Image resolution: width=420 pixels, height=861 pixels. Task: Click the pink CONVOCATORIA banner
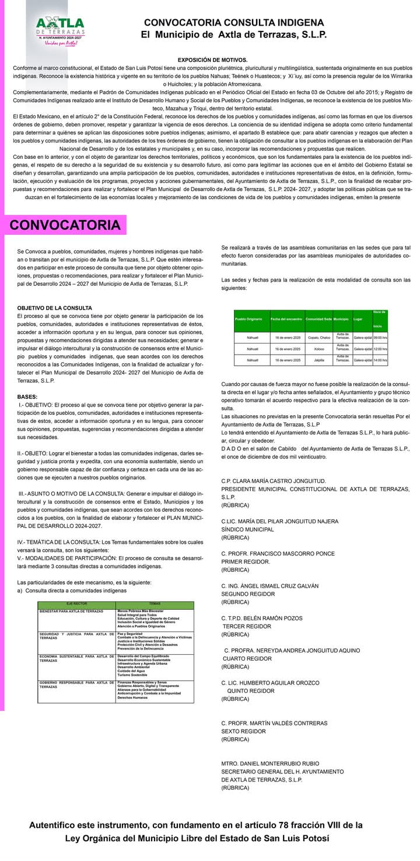click(x=65, y=225)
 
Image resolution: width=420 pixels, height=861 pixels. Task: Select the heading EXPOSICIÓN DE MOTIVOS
click(x=212, y=60)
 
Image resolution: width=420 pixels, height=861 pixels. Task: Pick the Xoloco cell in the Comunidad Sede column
click(x=318, y=349)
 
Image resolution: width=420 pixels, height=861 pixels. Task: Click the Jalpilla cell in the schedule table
click(x=318, y=360)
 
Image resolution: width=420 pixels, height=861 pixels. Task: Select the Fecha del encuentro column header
click(x=286, y=320)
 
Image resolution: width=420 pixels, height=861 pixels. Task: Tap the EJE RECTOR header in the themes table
click(x=76, y=603)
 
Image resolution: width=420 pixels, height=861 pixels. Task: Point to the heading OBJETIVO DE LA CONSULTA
click(x=54, y=308)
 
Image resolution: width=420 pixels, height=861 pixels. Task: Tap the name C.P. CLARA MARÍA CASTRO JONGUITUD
click(x=274, y=481)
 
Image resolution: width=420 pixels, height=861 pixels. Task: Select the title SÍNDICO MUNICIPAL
click(x=247, y=529)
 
